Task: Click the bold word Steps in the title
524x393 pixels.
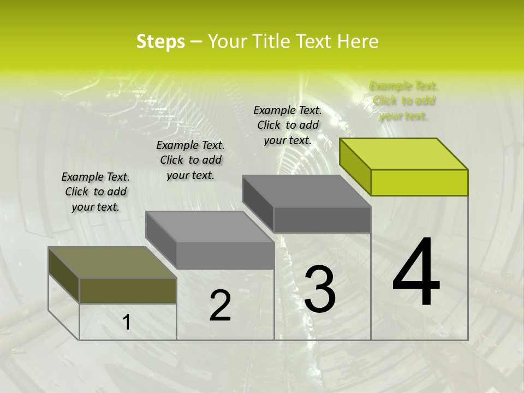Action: (160, 41)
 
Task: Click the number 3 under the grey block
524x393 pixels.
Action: (319, 290)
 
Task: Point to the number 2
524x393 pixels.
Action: (220, 306)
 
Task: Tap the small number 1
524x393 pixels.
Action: (127, 323)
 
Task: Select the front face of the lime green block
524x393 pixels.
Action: (419, 182)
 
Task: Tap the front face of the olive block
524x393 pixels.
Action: (128, 290)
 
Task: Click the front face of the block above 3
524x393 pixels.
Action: (322, 220)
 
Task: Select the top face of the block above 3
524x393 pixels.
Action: (307, 191)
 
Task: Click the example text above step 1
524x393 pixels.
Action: (96, 192)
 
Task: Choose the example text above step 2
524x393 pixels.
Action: (190, 160)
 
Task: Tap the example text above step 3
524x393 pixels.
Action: (288, 125)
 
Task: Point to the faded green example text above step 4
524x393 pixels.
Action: (404, 100)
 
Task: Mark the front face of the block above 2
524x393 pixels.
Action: (225, 255)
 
